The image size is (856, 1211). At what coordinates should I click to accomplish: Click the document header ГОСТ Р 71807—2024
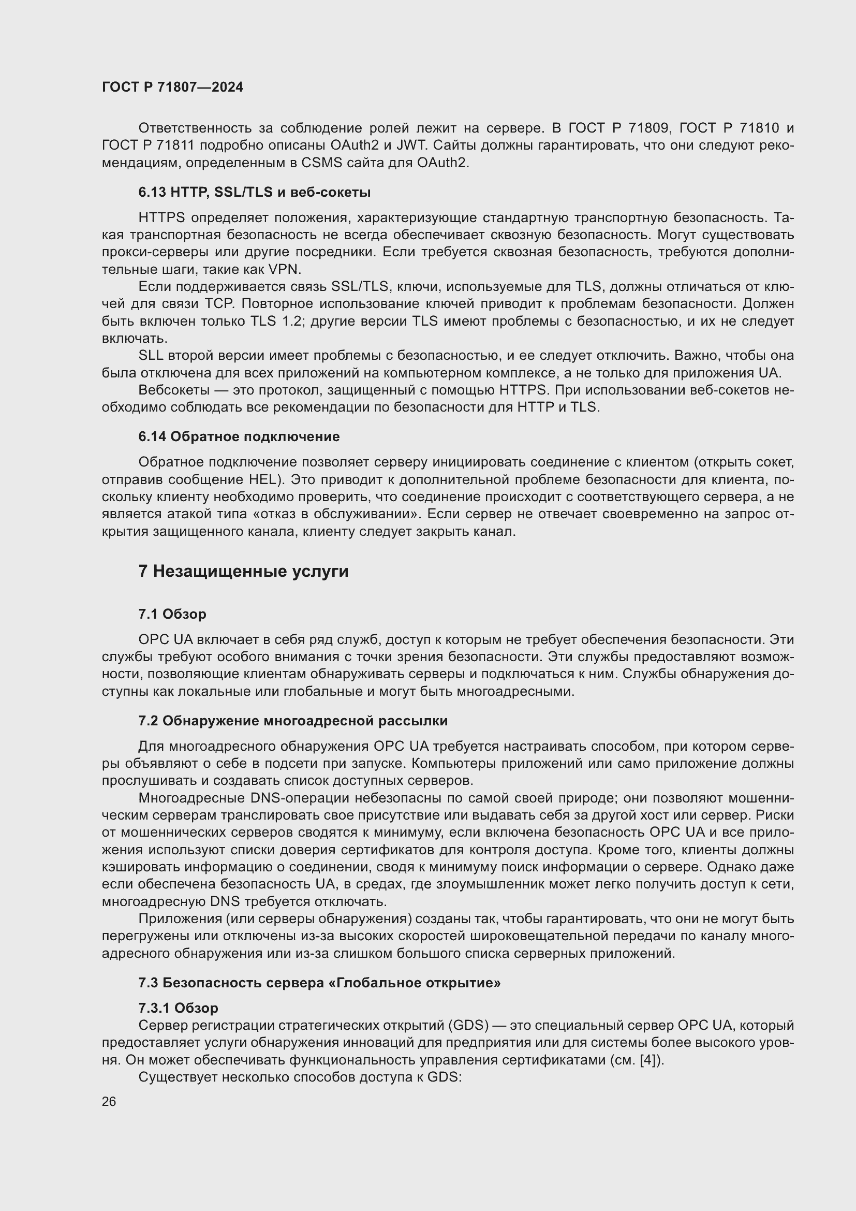point(172,87)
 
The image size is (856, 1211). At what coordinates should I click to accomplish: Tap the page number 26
point(109,1101)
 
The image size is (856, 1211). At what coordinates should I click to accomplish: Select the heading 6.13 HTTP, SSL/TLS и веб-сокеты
point(254,193)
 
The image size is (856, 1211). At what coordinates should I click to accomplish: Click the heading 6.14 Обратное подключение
point(239,437)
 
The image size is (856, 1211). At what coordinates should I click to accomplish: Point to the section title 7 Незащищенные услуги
point(243,572)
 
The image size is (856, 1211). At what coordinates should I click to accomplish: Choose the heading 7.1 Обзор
point(172,614)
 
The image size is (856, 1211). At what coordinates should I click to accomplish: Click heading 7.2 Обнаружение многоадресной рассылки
point(292,721)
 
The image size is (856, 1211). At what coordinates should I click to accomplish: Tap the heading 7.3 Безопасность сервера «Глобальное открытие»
point(319,983)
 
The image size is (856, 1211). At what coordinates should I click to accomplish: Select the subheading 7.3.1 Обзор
point(178,1008)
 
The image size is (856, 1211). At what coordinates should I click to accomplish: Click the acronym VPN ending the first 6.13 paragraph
point(284,270)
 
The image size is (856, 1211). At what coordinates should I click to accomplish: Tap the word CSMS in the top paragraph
point(320,163)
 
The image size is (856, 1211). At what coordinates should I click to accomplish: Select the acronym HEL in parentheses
point(262,480)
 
